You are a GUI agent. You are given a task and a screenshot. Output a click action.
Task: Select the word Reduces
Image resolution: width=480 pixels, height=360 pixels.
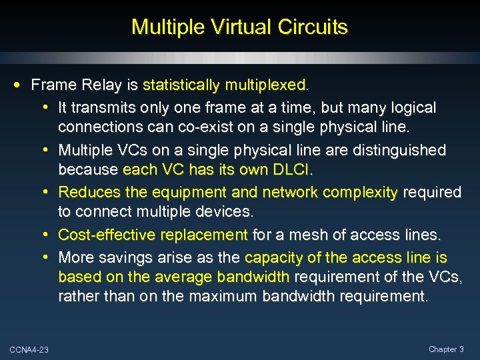pyautogui.click(x=87, y=193)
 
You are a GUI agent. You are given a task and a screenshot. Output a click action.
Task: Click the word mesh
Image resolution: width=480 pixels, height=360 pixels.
pyautogui.click(x=308, y=235)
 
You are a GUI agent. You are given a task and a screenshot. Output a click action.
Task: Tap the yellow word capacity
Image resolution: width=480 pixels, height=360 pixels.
pyautogui.click(x=273, y=257)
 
